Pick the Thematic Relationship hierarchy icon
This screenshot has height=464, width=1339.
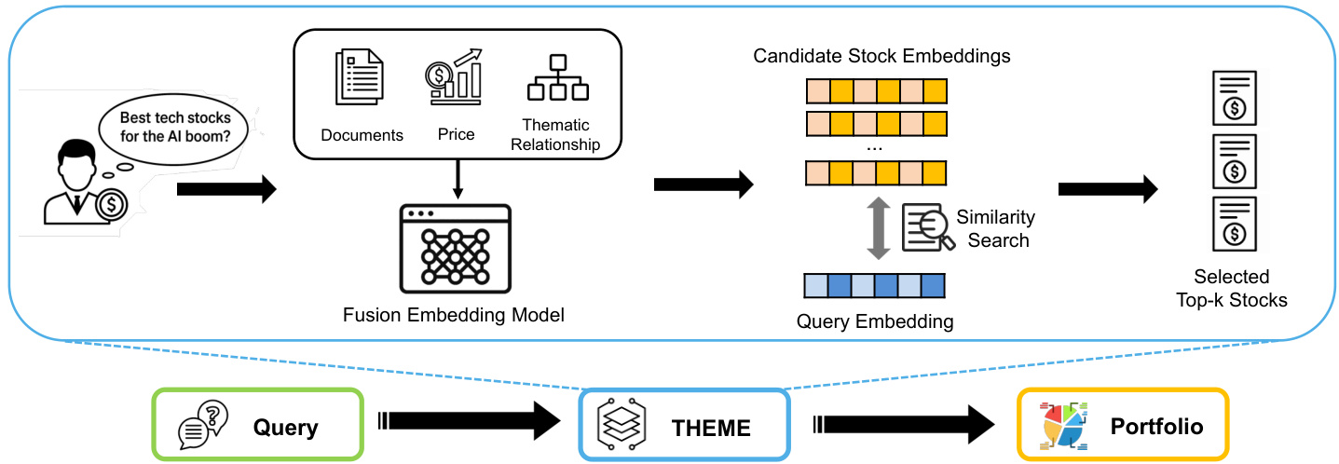[557, 77]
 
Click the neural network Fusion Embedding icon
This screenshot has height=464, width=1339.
[455, 245]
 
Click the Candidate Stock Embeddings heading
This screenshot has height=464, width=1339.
[881, 56]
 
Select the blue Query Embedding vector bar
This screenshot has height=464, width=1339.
[874, 283]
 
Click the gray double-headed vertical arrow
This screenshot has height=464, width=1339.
[875, 227]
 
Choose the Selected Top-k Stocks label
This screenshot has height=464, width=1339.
[1232, 288]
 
